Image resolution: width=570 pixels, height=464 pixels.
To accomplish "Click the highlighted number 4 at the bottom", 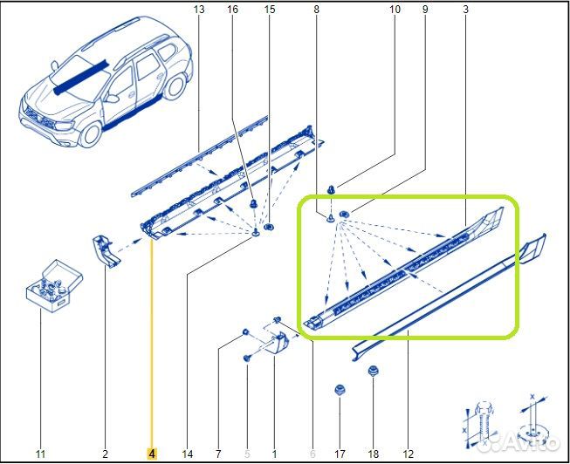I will click(x=151, y=454).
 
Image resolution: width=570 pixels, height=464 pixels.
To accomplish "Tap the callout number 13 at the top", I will click(x=199, y=10).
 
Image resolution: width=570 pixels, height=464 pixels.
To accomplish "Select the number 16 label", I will click(x=232, y=10).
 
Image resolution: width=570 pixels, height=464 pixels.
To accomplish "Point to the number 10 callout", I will click(x=395, y=10).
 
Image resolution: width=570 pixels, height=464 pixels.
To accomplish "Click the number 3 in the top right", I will click(x=465, y=10).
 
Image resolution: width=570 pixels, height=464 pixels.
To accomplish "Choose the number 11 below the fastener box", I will click(x=39, y=454).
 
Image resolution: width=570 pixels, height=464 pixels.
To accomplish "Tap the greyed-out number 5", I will click(x=247, y=454).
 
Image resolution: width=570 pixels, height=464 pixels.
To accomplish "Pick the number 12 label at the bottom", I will click(x=409, y=454).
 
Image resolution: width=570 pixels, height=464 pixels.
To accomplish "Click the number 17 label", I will click(x=340, y=454).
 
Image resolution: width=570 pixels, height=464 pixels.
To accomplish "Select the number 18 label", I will click(x=374, y=454).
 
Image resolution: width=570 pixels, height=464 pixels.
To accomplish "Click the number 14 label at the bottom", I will click(x=187, y=454).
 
